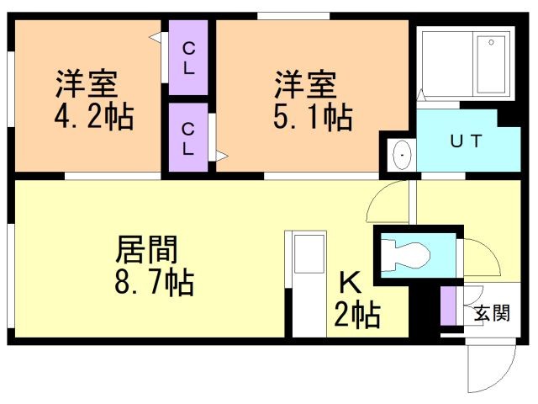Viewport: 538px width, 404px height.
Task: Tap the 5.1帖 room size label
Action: coord(312,117)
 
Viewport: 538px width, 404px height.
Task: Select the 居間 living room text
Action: coord(146,250)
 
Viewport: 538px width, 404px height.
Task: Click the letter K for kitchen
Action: coord(350,282)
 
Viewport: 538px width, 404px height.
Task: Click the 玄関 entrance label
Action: coord(492,314)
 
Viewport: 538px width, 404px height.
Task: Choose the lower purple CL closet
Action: coord(189,138)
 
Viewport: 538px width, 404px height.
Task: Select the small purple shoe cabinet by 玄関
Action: coord(449,306)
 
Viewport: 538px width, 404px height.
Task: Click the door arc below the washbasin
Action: coord(388,202)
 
